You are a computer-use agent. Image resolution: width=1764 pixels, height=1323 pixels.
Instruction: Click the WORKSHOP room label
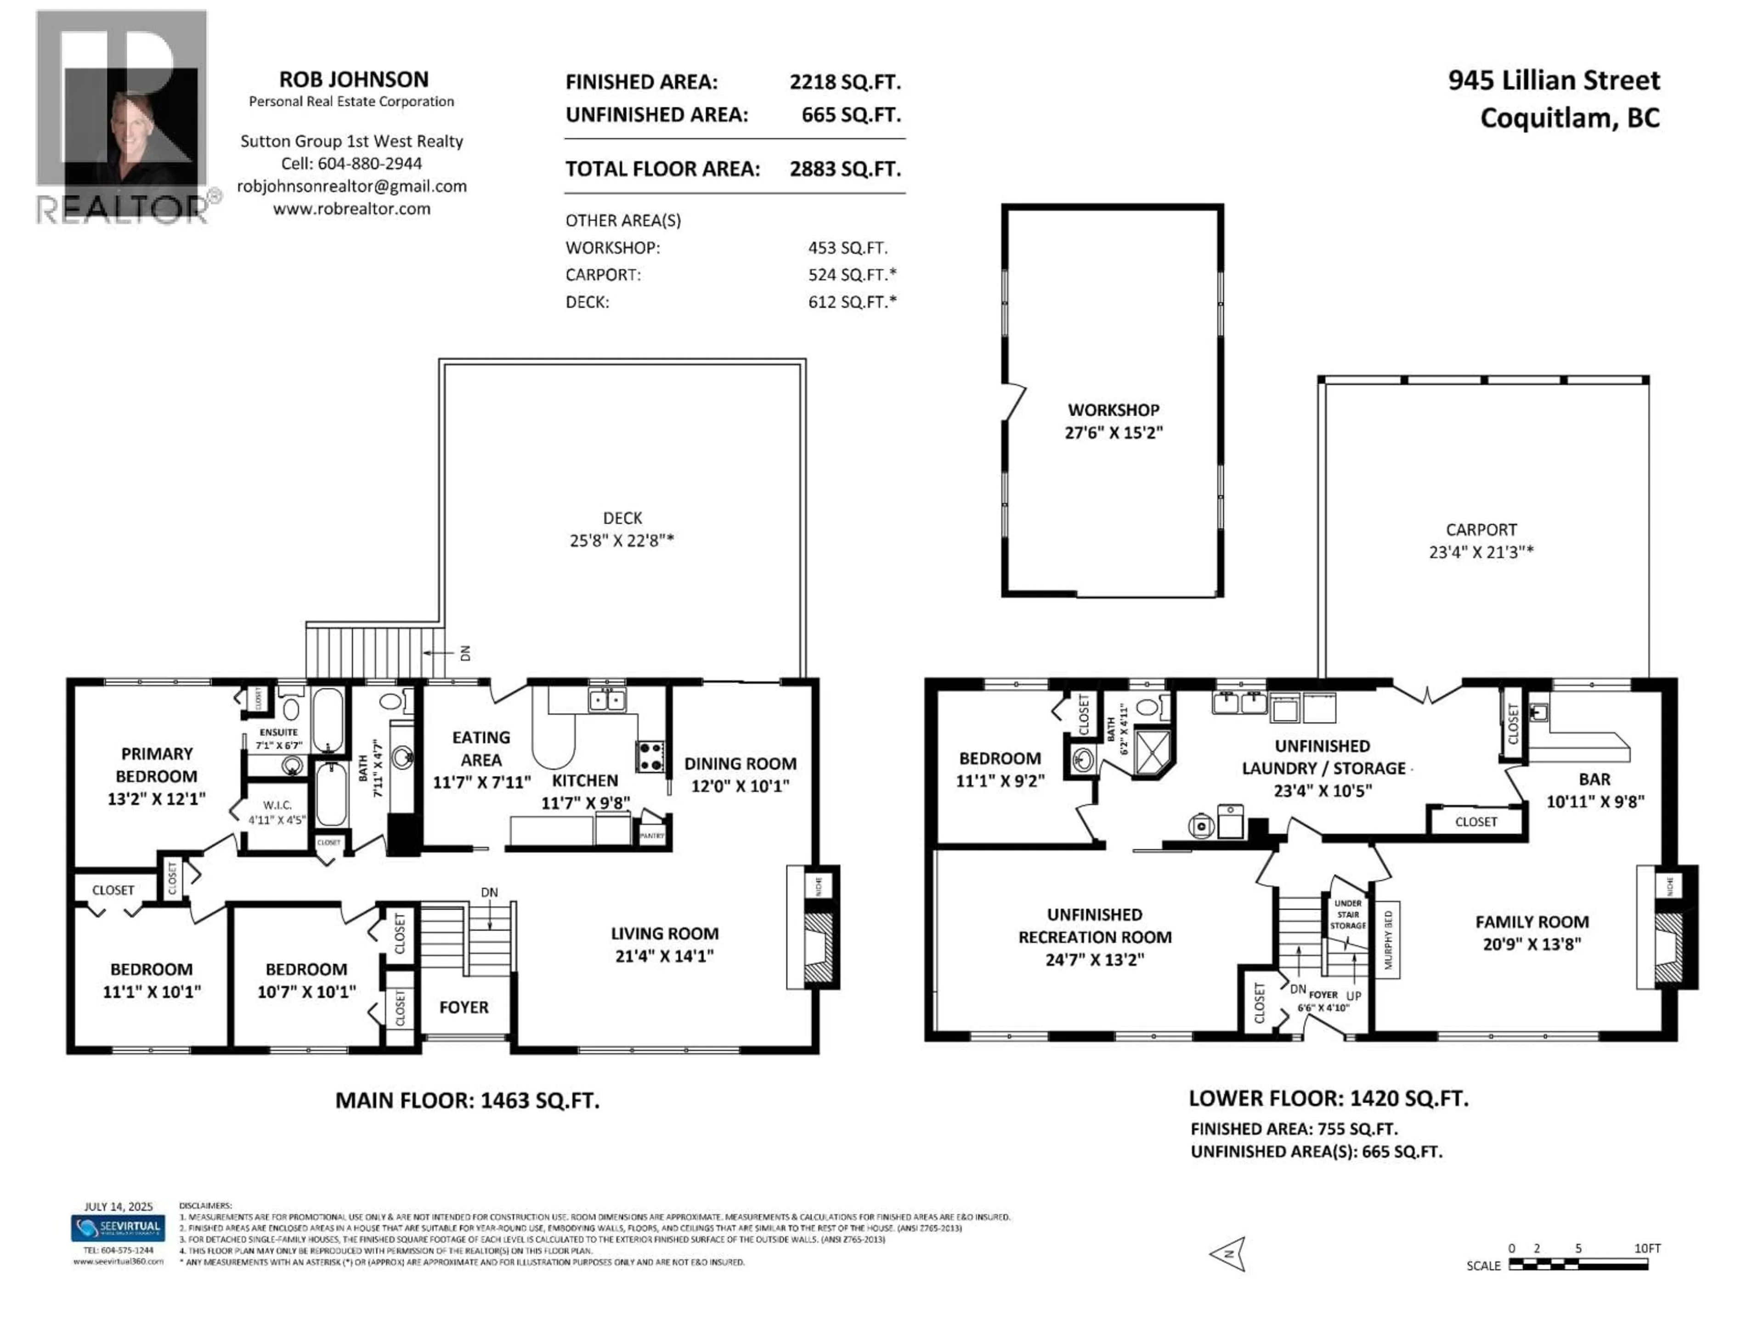[1113, 410]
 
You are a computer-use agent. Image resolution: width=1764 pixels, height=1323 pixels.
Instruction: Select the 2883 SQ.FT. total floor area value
[844, 169]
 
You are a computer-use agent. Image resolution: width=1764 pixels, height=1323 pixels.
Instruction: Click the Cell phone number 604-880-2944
[369, 164]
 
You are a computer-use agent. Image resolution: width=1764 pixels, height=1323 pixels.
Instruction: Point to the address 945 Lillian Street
[1554, 80]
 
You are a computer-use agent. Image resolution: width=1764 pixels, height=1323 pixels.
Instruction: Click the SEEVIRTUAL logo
[118, 1227]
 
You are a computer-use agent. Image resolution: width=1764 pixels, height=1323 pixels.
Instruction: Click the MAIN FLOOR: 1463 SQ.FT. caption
[467, 1101]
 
